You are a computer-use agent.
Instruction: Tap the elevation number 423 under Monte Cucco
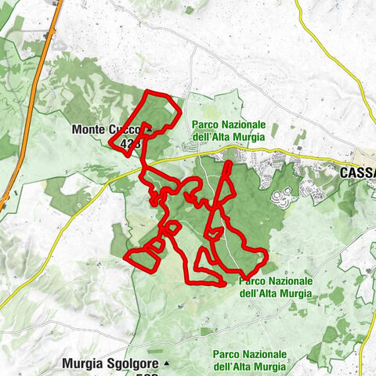point(131,143)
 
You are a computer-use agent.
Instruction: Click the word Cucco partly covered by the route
point(125,129)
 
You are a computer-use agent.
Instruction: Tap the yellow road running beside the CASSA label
point(313,162)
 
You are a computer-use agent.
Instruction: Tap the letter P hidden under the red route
point(240,280)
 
